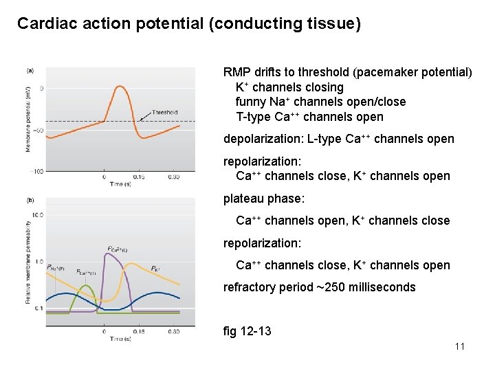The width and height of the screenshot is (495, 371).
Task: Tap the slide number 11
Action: click(460, 346)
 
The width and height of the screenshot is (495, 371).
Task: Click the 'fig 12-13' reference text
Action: click(247, 332)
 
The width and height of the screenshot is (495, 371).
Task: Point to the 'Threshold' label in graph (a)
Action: click(164, 113)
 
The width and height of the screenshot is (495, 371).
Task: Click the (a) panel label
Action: click(30, 71)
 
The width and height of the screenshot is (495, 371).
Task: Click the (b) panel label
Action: click(30, 201)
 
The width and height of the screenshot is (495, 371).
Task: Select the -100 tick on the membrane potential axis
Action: click(36, 171)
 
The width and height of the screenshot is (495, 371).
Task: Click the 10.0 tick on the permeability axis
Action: click(37, 214)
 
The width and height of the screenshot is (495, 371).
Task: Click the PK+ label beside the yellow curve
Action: click(156, 268)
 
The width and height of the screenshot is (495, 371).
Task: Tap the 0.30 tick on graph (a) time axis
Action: click(173, 177)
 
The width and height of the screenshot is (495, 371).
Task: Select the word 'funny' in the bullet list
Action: click(252, 102)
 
